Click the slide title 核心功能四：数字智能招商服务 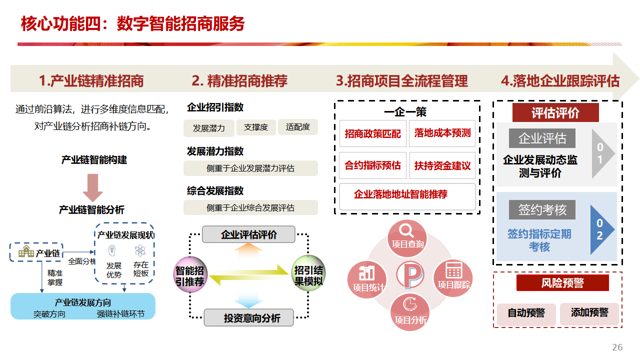[x=132, y=23]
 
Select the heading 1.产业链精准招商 [x=91, y=81]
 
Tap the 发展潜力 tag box [x=208, y=128]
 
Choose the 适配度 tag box [x=298, y=127]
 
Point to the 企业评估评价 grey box [x=248, y=234]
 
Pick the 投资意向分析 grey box [x=248, y=318]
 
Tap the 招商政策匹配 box [x=372, y=133]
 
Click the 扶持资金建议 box [x=442, y=165]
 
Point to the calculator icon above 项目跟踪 [x=454, y=270]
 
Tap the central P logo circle [x=410, y=275]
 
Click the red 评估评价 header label [x=555, y=113]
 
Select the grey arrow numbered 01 [x=601, y=154]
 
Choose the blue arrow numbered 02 [x=601, y=229]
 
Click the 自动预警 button [x=526, y=313]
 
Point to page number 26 [x=617, y=347]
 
